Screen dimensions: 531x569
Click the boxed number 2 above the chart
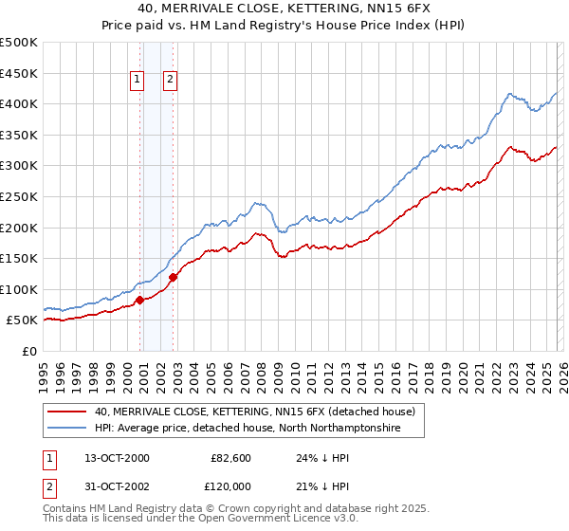pos(170,81)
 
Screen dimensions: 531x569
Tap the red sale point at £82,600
pos(140,300)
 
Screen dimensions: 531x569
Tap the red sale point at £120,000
pos(174,277)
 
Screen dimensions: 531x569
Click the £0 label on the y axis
pos(29,351)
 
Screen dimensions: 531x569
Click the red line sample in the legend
pos(66,412)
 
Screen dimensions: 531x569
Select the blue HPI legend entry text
pos(248,429)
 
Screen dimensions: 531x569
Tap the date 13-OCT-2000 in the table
pos(117,458)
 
